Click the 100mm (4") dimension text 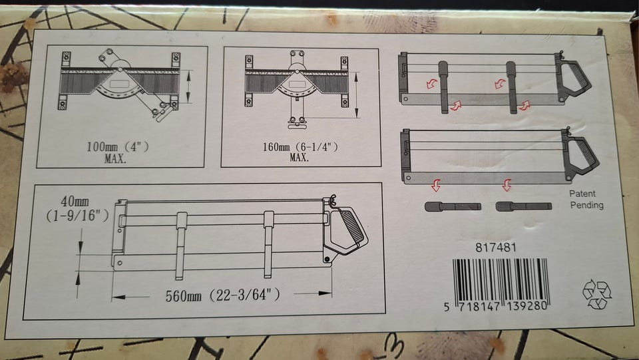pyautogui.click(x=117, y=146)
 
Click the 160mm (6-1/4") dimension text pyautogui.click(x=300, y=146)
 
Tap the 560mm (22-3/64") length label pyautogui.click(x=222, y=295)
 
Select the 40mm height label pyautogui.click(x=75, y=201)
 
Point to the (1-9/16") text pyautogui.click(x=77, y=216)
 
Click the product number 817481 pyautogui.click(x=495, y=247)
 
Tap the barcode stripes pyautogui.click(x=501, y=280)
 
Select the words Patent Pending pyautogui.click(x=586, y=199)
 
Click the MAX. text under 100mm pyautogui.click(x=115, y=158)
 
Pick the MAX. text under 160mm pyautogui.click(x=299, y=157)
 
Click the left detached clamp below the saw pyautogui.click(x=453, y=206)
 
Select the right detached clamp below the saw pyautogui.click(x=524, y=206)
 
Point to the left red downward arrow pyautogui.click(x=435, y=185)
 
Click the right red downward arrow pyautogui.click(x=507, y=185)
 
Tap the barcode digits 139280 pyautogui.click(x=527, y=306)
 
